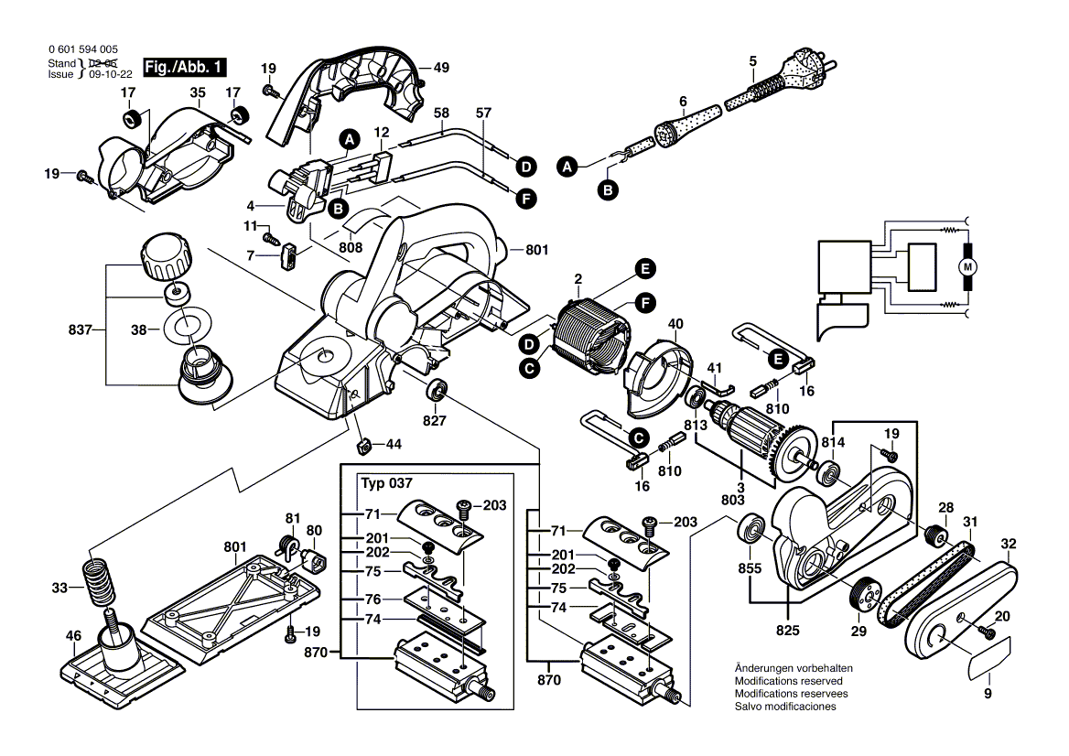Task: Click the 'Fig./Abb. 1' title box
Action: tap(184, 67)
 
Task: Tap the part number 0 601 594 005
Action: tap(83, 49)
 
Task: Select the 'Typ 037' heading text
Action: tap(386, 483)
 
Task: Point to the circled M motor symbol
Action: tap(968, 267)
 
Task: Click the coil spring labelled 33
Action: tap(98, 584)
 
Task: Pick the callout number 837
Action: tap(81, 329)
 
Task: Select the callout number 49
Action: tap(442, 68)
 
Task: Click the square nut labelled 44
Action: tap(362, 445)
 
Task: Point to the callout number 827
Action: tap(434, 421)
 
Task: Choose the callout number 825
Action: tap(787, 631)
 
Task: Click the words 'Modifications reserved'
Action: tap(788, 681)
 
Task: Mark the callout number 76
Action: tap(373, 599)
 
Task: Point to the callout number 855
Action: tap(750, 567)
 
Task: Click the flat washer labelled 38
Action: tap(189, 329)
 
